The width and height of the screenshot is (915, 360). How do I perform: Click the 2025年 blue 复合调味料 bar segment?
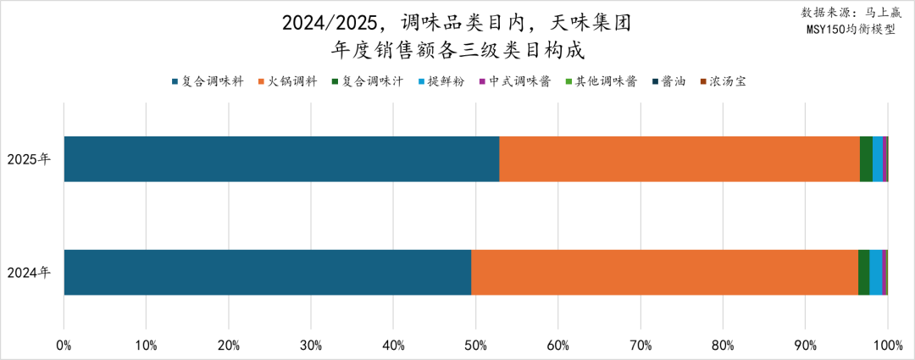tap(281, 158)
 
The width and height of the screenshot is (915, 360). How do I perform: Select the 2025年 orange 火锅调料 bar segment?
tap(679, 158)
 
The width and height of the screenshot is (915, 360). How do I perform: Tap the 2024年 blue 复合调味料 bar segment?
tap(267, 272)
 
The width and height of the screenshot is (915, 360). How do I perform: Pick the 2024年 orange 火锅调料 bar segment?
tap(664, 272)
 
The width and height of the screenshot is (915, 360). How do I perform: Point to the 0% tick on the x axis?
tap(64, 345)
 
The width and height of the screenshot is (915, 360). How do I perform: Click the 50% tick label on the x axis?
tap(475, 345)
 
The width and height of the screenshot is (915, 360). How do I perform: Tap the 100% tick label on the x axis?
tap(887, 345)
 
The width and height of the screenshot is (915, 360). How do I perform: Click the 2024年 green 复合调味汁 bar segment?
tap(863, 272)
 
